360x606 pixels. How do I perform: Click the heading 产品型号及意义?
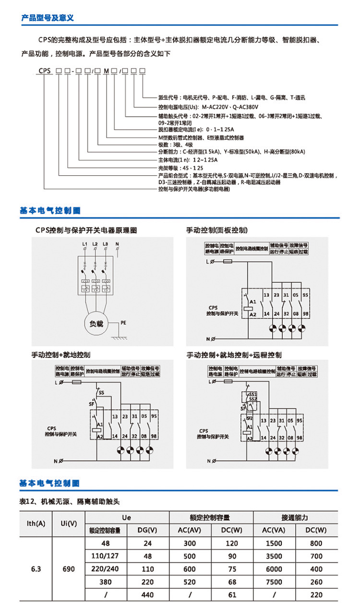(47, 18)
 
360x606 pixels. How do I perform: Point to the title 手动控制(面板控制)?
(217, 230)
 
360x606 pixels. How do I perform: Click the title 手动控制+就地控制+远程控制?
(234, 355)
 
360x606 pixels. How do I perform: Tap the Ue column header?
(127, 518)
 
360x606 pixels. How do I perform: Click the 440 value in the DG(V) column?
(148, 594)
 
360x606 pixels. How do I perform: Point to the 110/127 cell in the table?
(106, 556)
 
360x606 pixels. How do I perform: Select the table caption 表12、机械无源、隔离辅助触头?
(70, 501)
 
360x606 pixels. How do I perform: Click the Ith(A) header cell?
(36, 523)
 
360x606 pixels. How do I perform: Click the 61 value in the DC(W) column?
(232, 594)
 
